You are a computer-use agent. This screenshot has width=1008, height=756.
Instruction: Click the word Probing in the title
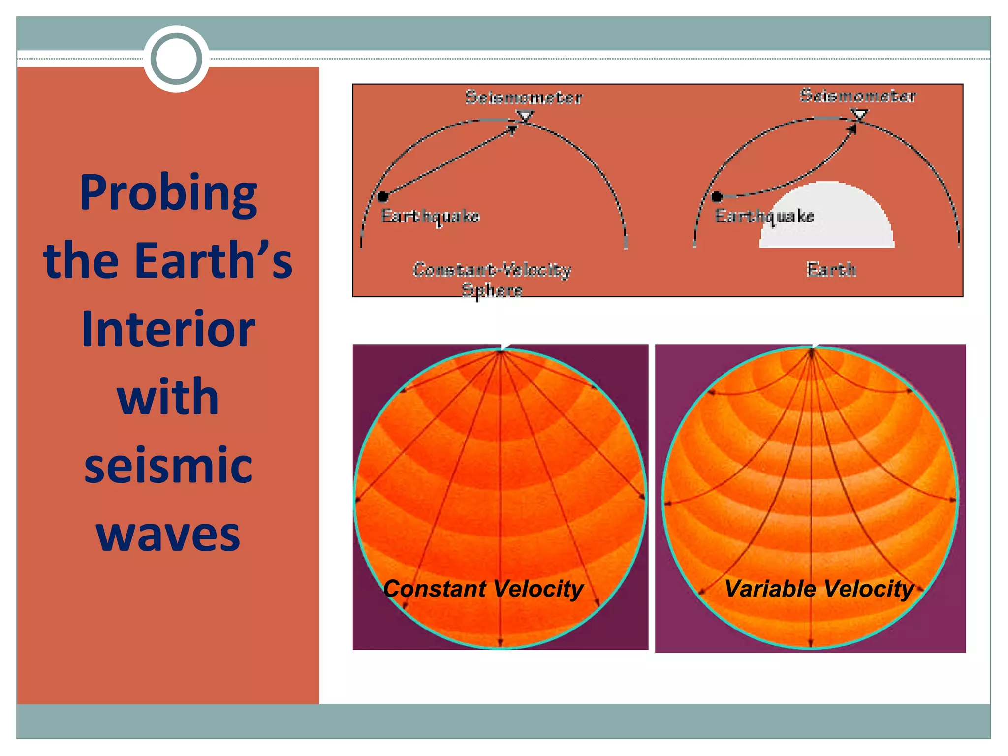point(168,193)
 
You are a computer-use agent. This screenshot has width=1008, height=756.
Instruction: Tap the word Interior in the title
point(168,329)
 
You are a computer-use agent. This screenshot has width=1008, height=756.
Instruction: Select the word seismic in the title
point(168,465)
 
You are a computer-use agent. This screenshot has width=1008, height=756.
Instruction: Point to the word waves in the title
point(168,534)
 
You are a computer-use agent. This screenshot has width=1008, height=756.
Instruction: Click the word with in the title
point(168,397)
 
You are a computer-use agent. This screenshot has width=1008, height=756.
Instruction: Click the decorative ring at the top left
point(176,59)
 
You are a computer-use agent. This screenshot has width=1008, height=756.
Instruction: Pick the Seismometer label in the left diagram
point(524,97)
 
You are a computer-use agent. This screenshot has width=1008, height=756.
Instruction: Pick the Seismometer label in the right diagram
point(858,95)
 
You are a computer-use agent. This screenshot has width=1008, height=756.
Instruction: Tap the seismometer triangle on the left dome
point(525,117)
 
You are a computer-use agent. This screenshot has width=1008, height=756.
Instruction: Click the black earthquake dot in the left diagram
point(383,197)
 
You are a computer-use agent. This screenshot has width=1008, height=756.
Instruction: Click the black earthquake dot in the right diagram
point(717,197)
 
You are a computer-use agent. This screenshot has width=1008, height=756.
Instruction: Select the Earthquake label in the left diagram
point(430,216)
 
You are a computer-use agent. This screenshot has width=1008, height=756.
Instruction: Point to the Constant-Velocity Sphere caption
point(492,279)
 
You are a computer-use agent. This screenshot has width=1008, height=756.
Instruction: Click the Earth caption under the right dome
point(831,270)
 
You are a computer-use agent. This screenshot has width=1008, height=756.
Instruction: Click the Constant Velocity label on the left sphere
point(483,589)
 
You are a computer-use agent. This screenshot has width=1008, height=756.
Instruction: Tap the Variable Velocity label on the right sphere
point(819,589)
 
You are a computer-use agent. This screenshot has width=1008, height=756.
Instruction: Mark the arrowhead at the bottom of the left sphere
point(500,642)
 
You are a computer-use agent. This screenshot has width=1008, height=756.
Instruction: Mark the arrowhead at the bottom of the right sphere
point(811,642)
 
